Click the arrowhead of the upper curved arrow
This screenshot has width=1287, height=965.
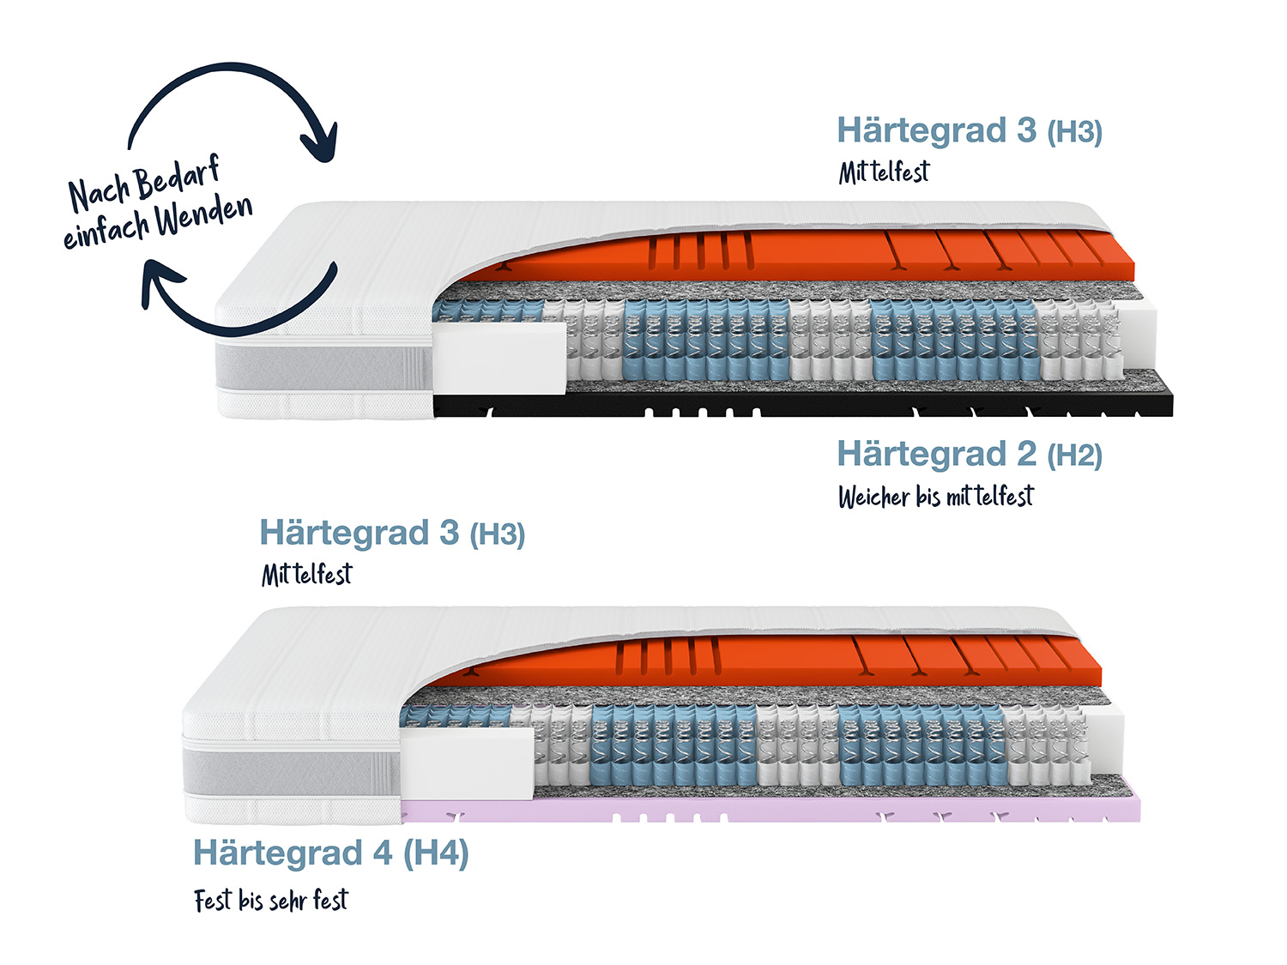(320, 142)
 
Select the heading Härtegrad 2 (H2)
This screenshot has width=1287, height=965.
(970, 454)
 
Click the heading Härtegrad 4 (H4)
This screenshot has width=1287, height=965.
(330, 853)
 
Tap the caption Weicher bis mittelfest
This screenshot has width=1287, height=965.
(936, 497)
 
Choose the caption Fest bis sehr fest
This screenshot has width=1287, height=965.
(271, 901)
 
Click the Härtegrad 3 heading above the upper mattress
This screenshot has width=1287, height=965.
(970, 130)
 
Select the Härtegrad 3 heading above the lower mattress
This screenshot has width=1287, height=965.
(392, 533)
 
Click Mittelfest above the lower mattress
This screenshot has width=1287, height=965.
(306, 575)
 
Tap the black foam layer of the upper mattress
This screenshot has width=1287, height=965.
(803, 404)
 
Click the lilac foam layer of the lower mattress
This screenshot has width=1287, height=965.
(771, 809)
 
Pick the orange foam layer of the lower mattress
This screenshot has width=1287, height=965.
(762, 660)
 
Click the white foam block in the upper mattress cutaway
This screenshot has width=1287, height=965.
(499, 358)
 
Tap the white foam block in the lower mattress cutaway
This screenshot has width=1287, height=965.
(468, 763)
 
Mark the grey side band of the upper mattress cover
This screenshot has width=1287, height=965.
(324, 366)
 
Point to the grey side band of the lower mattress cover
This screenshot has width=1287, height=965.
(292, 772)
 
